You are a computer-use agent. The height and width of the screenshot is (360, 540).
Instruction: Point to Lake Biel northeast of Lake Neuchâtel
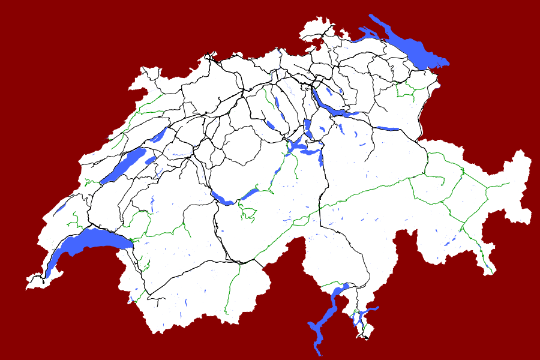click(159, 135)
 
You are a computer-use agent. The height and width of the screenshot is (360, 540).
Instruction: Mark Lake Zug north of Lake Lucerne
click(308, 128)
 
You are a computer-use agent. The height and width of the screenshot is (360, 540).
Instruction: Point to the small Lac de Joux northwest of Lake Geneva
click(61, 207)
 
